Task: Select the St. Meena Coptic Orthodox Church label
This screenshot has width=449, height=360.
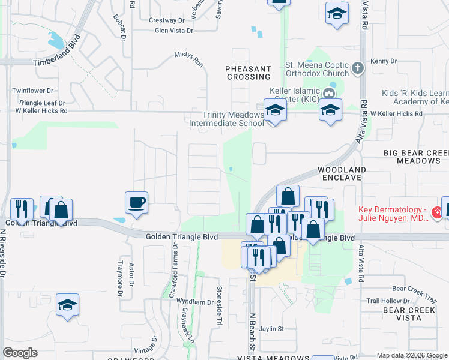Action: (317, 70)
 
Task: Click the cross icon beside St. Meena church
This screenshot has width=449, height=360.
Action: (358, 67)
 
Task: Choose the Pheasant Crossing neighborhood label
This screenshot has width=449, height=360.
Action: (248, 73)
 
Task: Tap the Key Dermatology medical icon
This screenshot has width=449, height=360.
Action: (437, 212)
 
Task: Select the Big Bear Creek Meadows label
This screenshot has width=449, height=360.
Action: (416, 157)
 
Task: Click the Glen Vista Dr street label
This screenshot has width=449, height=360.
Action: (174, 30)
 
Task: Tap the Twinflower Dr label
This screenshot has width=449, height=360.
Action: (34, 90)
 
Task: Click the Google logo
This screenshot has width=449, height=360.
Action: (20, 353)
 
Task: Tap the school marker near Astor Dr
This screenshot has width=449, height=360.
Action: (67, 305)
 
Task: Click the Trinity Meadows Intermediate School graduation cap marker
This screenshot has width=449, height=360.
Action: (275, 110)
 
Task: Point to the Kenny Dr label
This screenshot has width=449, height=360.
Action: (384, 61)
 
